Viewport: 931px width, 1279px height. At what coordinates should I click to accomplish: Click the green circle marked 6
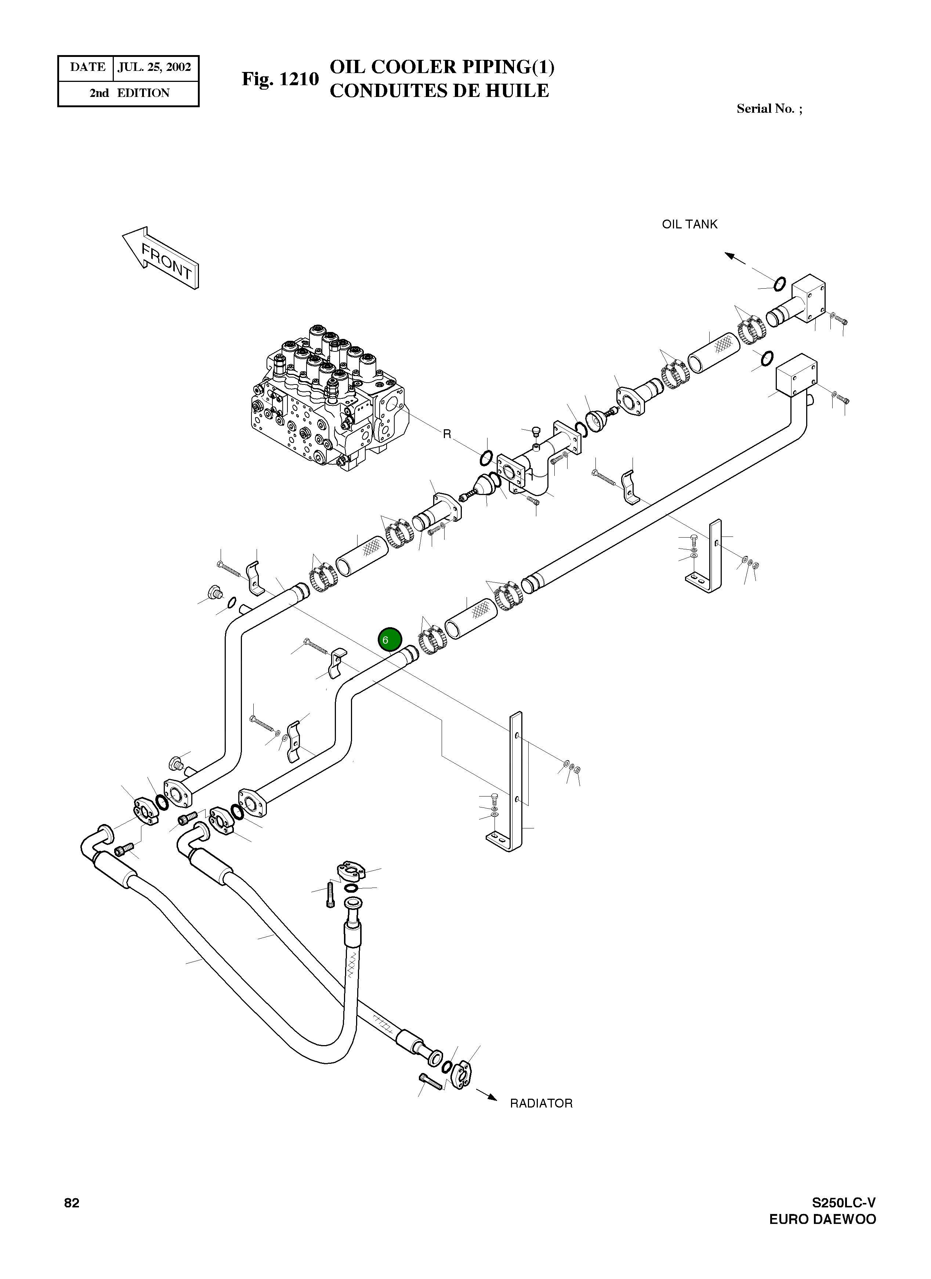390,639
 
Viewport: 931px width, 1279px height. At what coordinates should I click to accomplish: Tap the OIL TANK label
689,224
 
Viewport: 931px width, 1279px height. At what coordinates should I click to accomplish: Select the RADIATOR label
541,1103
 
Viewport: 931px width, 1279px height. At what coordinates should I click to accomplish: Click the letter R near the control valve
447,434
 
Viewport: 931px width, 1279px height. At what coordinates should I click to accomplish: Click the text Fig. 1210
280,79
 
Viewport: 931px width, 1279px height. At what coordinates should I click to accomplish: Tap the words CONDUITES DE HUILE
439,91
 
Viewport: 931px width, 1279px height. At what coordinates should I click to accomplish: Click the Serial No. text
769,109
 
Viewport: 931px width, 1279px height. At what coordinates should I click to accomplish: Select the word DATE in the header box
87,68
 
